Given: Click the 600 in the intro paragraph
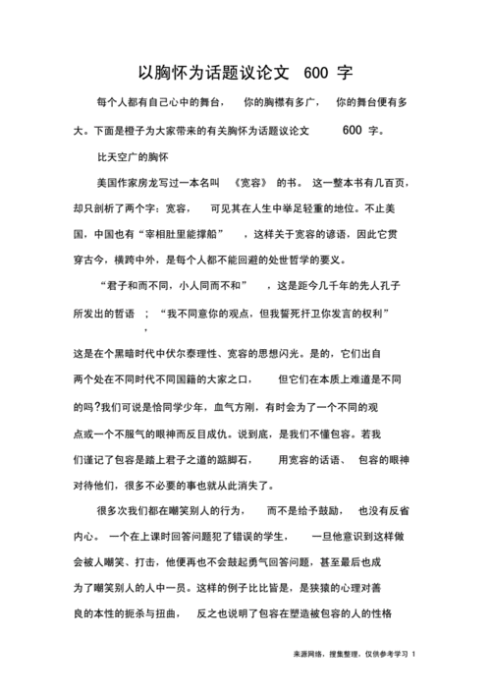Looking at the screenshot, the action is (x=354, y=130).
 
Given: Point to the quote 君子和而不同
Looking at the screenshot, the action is (x=138, y=287).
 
